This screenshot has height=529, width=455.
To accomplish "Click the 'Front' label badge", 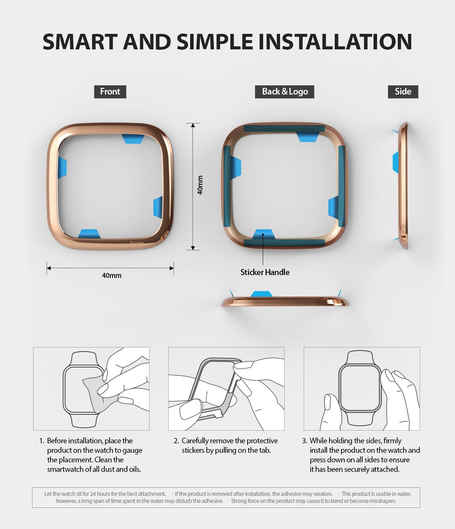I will click(110, 92).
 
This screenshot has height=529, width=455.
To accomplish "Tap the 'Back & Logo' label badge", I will click(285, 92).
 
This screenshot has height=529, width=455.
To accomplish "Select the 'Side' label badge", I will click(403, 92).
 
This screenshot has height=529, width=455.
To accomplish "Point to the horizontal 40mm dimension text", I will click(111, 275).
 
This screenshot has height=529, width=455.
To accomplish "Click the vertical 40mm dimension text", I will click(200, 185).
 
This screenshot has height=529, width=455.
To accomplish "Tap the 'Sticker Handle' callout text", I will click(265, 272).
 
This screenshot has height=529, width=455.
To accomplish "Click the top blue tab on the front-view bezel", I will click(133, 138).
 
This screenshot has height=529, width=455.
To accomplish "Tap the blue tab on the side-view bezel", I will click(396, 162).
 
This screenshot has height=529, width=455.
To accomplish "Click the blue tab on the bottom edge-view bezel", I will click(261, 294).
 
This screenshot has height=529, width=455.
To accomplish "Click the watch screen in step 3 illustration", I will click(360, 388).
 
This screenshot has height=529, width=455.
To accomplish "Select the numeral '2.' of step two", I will click(176, 441).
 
